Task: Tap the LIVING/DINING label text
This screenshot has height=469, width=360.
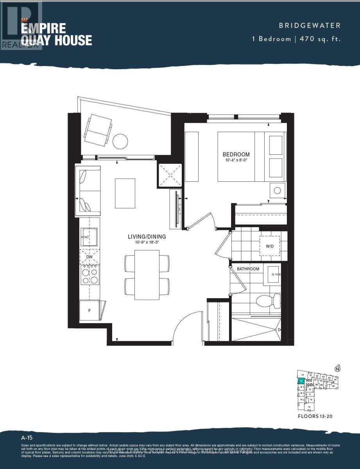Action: coord(147,236)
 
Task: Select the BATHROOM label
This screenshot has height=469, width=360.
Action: coord(248,269)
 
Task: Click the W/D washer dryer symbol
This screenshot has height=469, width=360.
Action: coord(270,246)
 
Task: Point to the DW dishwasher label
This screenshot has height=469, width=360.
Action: coord(90,257)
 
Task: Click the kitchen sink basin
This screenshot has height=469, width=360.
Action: coord(89,236)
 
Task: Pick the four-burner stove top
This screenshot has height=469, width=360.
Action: coord(90,275)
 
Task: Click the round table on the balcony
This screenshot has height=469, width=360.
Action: coord(120,141)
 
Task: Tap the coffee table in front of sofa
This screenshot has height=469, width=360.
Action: coord(125,193)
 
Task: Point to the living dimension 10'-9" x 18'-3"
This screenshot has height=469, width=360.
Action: coord(147,242)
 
